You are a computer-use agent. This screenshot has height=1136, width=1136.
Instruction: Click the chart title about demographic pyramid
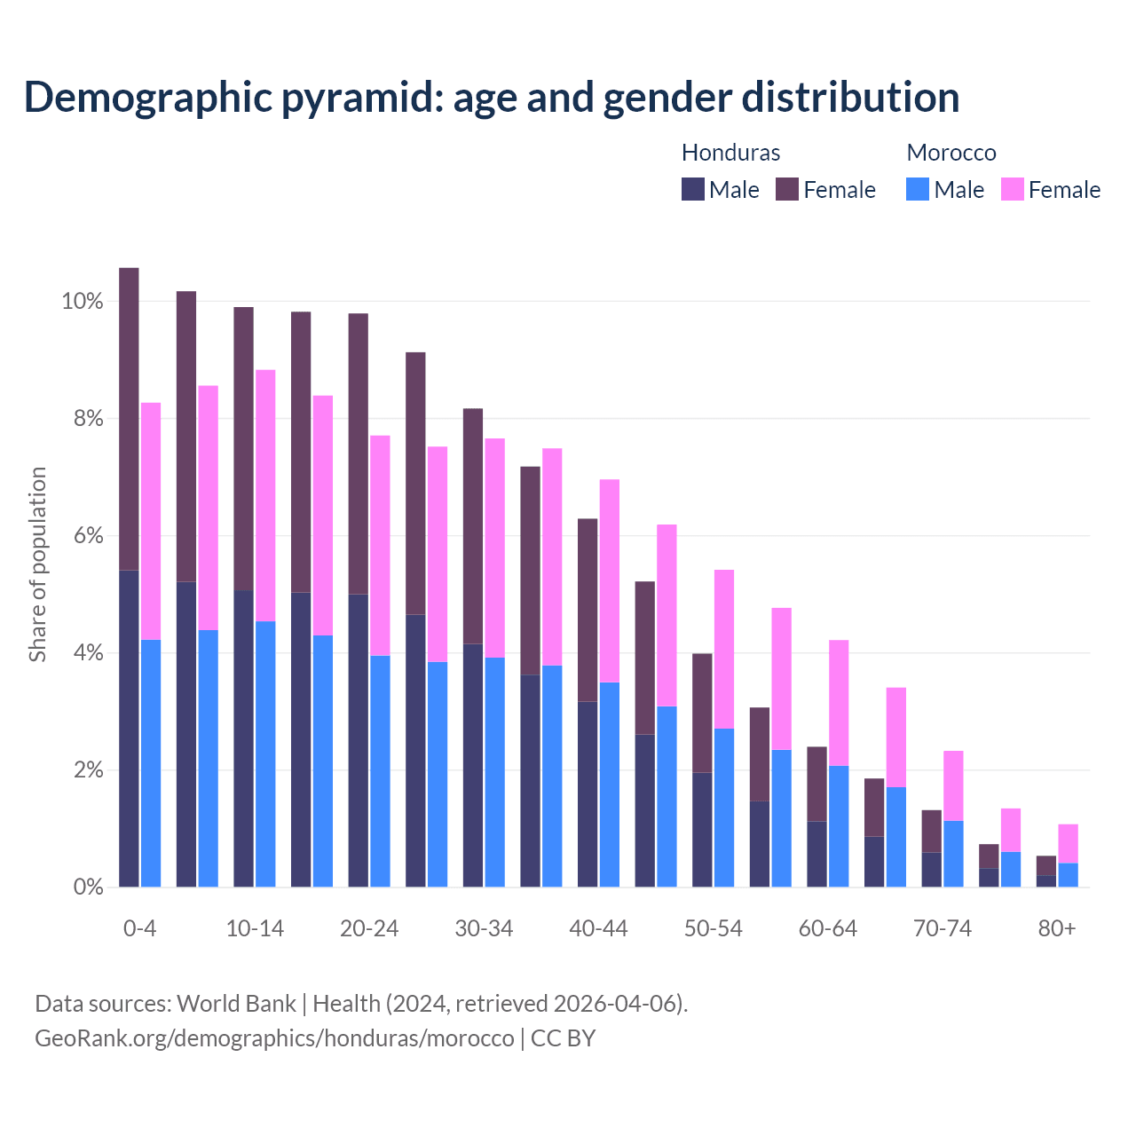[492, 98]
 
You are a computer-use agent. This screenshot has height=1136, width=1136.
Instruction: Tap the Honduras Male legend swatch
[693, 189]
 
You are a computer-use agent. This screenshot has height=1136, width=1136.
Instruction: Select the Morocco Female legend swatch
[1012, 189]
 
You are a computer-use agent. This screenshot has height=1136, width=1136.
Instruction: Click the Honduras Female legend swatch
[787, 189]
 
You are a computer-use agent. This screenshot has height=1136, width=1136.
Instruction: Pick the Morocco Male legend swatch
[918, 189]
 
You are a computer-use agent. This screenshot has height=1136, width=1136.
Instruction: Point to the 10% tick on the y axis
[83, 302]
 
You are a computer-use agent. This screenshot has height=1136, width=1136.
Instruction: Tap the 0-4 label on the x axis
[140, 928]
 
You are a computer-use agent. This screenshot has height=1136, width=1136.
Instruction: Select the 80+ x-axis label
[1057, 928]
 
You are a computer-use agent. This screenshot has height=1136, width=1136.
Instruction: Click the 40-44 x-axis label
[598, 928]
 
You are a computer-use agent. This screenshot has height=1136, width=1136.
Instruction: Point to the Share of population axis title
[37, 564]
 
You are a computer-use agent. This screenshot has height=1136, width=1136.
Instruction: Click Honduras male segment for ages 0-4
[129, 728]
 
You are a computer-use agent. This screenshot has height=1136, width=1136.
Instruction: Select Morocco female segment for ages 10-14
[265, 495]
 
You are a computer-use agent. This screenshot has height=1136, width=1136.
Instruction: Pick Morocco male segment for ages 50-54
[724, 808]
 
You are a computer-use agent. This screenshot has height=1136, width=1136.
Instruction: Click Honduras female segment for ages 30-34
[473, 525]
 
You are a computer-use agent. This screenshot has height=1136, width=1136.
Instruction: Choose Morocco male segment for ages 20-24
[380, 770]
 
